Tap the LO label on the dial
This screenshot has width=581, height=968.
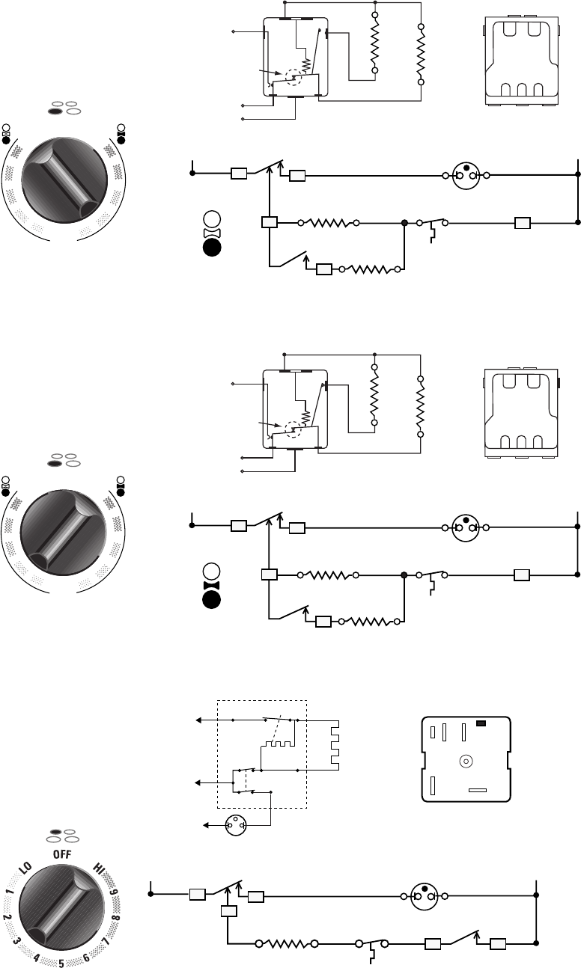pos(25,870)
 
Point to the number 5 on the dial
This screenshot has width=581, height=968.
pos(63,961)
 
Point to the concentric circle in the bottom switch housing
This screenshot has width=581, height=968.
pos(465,762)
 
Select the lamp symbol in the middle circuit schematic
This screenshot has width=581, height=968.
pos(466,527)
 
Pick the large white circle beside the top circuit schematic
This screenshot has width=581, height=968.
pos(211,220)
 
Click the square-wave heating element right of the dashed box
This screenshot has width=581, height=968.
pos(335,744)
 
